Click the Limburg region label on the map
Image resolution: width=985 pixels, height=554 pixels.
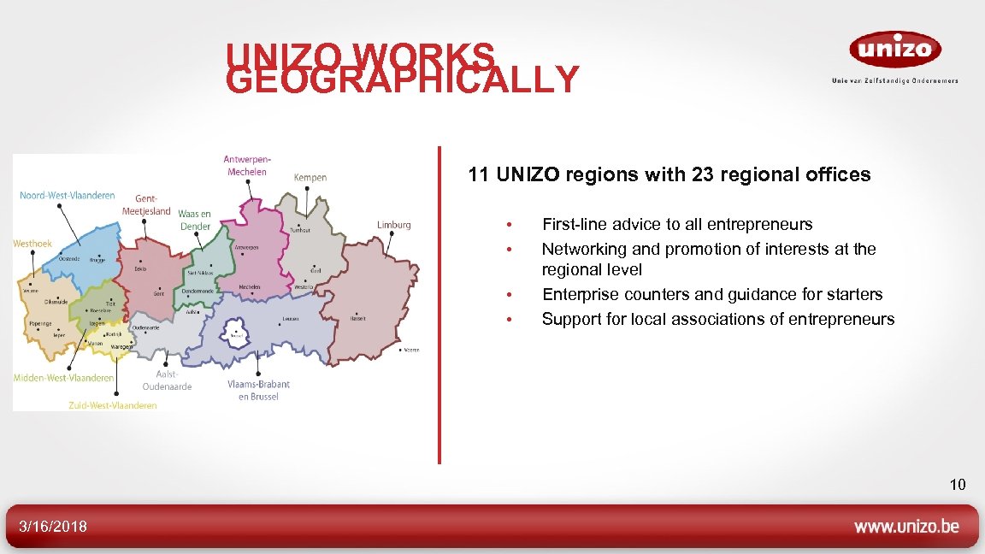click(394, 225)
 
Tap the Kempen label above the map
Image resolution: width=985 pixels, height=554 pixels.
click(310, 178)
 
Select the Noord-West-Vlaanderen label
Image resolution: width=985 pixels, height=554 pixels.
click(67, 196)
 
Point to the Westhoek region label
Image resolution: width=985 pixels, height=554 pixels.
click(32, 244)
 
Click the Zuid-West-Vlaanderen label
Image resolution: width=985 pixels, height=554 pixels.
click(113, 405)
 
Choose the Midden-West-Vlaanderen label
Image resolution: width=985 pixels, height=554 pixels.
click(63, 378)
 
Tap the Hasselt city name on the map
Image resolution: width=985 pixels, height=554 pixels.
click(357, 318)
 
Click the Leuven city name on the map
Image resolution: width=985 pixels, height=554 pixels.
click(291, 320)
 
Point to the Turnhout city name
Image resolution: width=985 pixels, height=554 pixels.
click(300, 230)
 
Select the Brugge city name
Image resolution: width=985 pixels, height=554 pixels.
click(97, 260)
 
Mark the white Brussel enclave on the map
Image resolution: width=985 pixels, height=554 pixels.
click(234, 333)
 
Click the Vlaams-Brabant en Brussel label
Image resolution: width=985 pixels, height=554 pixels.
click(258, 391)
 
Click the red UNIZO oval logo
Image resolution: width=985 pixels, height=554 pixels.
click(894, 50)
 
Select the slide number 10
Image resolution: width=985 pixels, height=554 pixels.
click(957, 485)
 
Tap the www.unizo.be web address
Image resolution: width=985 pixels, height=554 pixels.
click(906, 527)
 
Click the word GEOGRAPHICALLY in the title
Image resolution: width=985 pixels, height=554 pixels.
click(403, 80)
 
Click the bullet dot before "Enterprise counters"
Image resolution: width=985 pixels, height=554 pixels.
click(508, 295)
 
